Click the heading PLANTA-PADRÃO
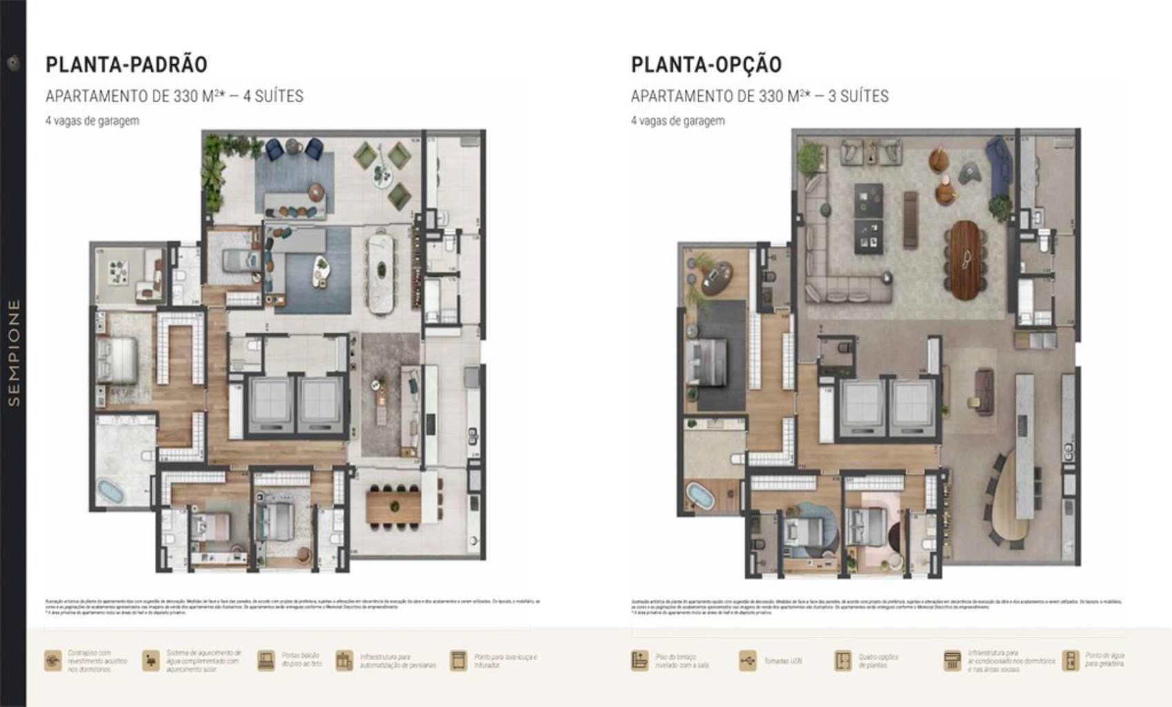pyautogui.click(x=126, y=64)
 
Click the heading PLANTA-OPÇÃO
pyautogui.click(x=706, y=64)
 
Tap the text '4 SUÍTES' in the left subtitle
pyautogui.click(x=273, y=96)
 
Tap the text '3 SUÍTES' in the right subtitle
pyautogui.click(x=858, y=96)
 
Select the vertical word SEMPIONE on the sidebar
pyautogui.click(x=14, y=352)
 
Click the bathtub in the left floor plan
pyautogui.click(x=111, y=492)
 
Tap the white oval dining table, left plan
pyautogui.click(x=380, y=271)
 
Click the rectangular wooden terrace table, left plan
pyautogui.click(x=393, y=504)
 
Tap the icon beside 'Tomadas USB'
pyautogui.click(x=747, y=661)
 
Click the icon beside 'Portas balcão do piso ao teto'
pyautogui.click(x=266, y=661)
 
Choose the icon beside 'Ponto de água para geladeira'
pyautogui.click(x=1070, y=661)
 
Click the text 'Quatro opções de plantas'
pyautogui.click(x=878, y=661)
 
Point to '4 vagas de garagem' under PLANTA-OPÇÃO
pyautogui.click(x=677, y=121)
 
